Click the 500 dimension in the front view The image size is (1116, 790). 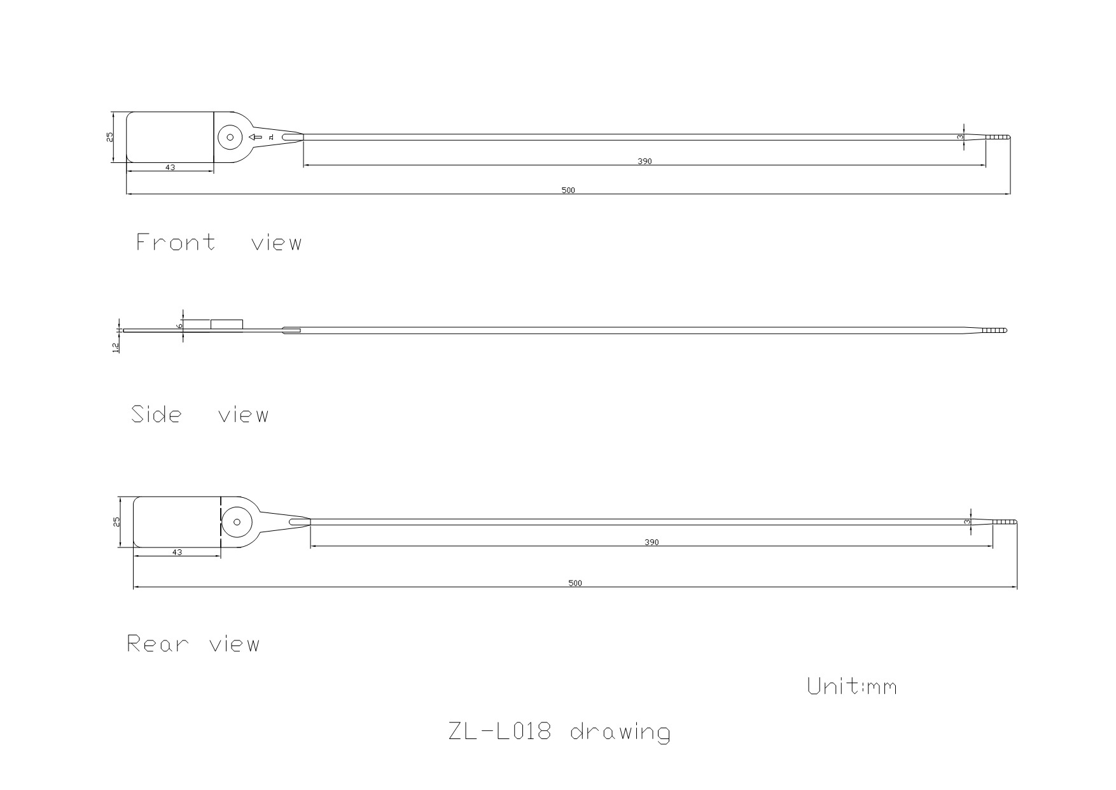click(x=568, y=190)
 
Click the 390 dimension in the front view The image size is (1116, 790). click(x=645, y=162)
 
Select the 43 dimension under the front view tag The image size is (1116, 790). click(x=170, y=167)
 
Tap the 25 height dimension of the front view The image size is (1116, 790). click(x=110, y=137)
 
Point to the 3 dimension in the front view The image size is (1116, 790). click(x=961, y=137)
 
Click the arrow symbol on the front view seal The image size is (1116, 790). click(x=256, y=137)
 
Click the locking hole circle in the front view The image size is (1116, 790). click(x=230, y=137)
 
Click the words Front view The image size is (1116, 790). click(x=219, y=243)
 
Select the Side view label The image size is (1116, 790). click(x=200, y=415)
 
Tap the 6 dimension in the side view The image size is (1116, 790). click(x=180, y=325)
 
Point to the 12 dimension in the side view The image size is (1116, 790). click(x=116, y=347)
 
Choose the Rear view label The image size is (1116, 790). click(x=193, y=644)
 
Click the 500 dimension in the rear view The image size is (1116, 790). click(x=575, y=583)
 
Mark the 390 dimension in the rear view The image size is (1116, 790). click(x=652, y=542)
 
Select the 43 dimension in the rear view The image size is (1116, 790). click(x=177, y=553)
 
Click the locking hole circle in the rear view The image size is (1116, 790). click(x=237, y=522)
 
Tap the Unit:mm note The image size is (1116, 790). click(x=852, y=686)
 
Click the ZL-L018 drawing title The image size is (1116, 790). click(x=559, y=731)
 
